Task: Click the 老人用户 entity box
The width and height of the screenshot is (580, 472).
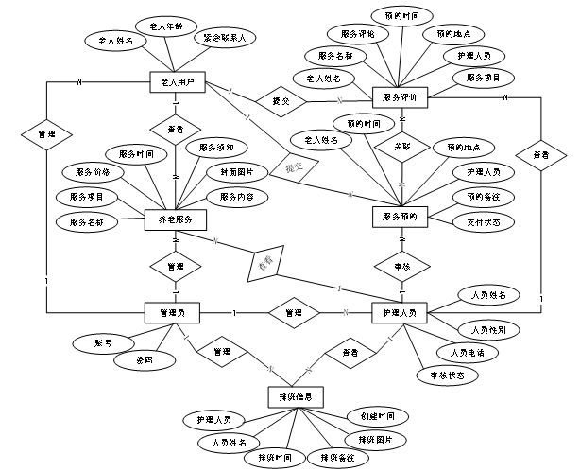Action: click(178, 83)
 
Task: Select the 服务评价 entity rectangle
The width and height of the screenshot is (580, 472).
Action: click(401, 96)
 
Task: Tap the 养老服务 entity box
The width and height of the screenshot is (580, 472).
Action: click(174, 219)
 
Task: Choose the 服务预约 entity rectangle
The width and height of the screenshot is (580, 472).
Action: click(401, 215)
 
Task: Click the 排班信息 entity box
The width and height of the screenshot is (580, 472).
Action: click(296, 394)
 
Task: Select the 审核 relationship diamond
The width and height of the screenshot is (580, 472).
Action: click(401, 267)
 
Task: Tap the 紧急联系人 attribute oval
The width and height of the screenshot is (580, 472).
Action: click(225, 40)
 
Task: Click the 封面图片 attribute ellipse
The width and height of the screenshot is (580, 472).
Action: click(230, 173)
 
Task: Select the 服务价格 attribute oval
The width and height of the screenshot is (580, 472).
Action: click(92, 172)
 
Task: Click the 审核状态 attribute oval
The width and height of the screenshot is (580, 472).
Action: click(447, 375)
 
